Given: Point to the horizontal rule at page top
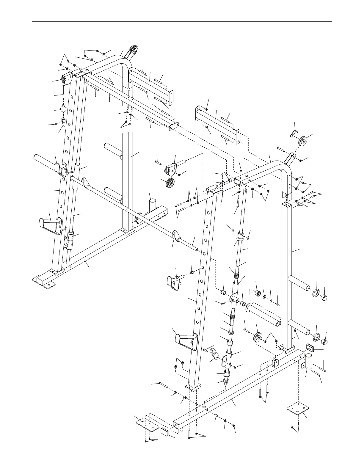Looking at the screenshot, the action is pyautogui.click(x=182, y=22).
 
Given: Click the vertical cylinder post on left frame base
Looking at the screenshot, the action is pyautogui.click(x=152, y=205).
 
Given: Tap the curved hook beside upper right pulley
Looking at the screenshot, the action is pyautogui.click(x=293, y=133).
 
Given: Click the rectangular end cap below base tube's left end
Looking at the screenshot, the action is pyautogui.click(x=165, y=432).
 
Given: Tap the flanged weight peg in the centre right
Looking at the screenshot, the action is pyautogui.click(x=263, y=314).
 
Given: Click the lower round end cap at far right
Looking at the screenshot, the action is pyautogui.click(x=324, y=342).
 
